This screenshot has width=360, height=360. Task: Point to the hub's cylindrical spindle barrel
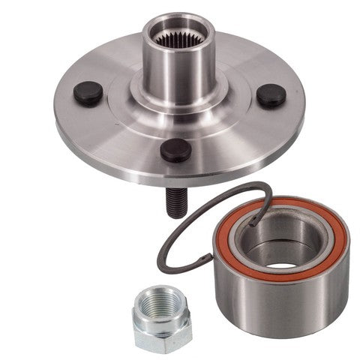[x=176, y=71]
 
